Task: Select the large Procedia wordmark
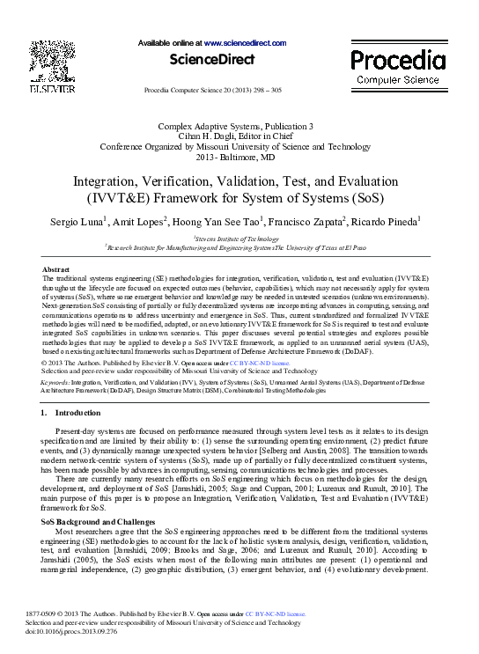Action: point(398,61)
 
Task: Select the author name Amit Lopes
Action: point(139,222)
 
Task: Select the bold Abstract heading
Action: point(56,269)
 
